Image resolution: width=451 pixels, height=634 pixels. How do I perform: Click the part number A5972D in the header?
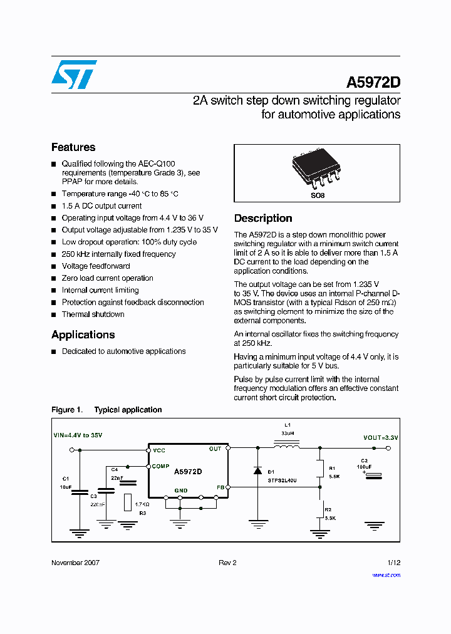pyautogui.click(x=373, y=83)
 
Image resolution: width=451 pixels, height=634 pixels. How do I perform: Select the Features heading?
pyautogui.click(x=73, y=147)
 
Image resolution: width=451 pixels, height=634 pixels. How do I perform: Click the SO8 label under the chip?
pyautogui.click(x=318, y=195)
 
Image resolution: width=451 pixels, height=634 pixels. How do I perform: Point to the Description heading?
pyautogui.click(x=263, y=218)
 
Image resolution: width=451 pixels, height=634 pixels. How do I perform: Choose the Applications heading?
pyautogui.click(x=83, y=335)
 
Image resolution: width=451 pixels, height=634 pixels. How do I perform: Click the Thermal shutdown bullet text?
pyautogui.click(x=93, y=314)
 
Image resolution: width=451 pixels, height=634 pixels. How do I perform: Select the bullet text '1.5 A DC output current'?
pyautogui.click(x=101, y=206)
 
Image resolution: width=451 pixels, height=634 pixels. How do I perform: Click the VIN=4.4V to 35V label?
pyautogui.click(x=77, y=435)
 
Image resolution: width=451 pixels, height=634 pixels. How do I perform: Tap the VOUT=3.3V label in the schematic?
pyautogui.click(x=381, y=437)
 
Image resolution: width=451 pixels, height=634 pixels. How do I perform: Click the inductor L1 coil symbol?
pyautogui.click(x=286, y=446)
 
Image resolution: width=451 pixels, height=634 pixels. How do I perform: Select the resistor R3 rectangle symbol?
pyautogui.click(x=128, y=502)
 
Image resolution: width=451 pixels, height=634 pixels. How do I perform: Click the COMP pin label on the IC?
pyautogui.click(x=160, y=466)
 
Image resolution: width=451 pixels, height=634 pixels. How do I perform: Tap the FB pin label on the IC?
pyautogui.click(x=220, y=487)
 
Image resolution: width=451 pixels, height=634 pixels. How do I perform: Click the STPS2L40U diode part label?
pyautogui.click(x=282, y=481)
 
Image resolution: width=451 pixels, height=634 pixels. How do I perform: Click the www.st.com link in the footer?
pyautogui.click(x=386, y=574)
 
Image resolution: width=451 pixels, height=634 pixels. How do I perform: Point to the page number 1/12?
pyautogui.click(x=394, y=563)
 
